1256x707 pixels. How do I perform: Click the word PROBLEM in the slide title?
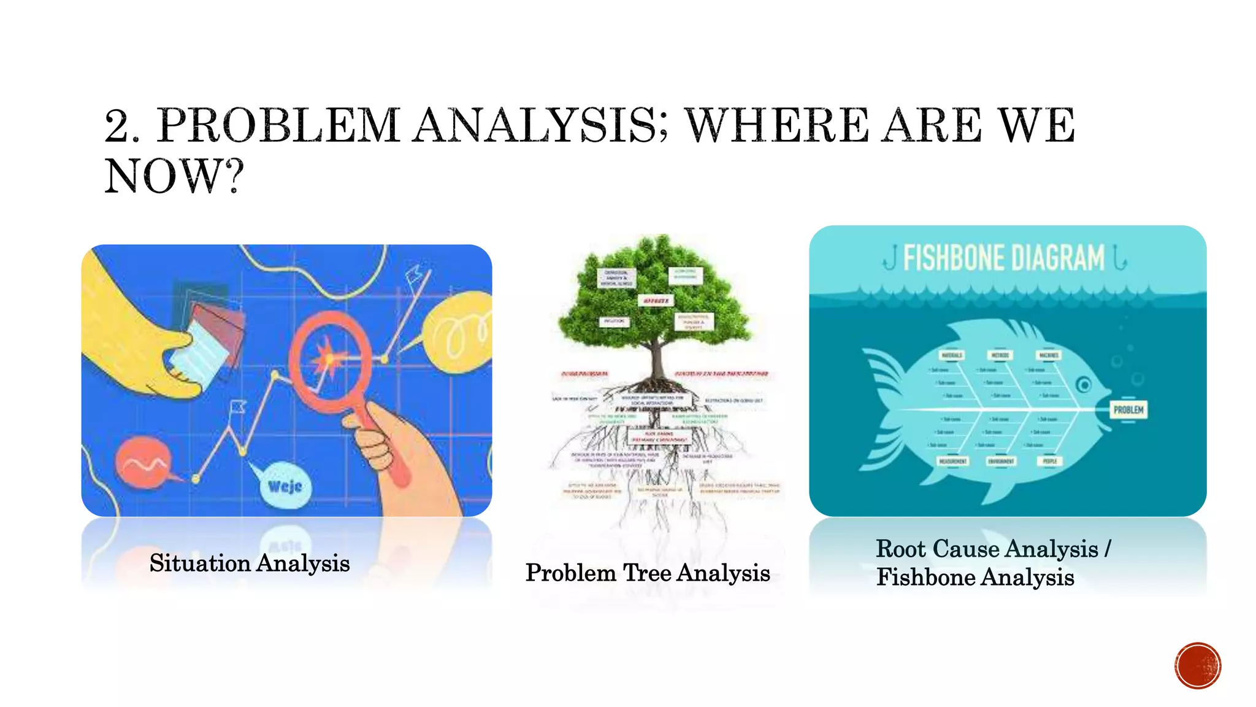click(x=279, y=125)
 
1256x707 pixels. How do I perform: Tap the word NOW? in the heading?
click(x=175, y=177)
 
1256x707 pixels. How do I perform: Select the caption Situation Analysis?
click(x=249, y=563)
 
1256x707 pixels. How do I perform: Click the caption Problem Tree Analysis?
click(x=648, y=573)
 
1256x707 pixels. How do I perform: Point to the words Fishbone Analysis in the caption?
click(x=975, y=578)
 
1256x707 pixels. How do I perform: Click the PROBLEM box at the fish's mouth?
click(x=1128, y=409)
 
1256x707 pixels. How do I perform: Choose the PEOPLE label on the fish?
click(x=1050, y=461)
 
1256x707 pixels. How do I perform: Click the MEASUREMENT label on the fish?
click(x=953, y=461)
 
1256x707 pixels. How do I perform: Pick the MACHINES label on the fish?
click(x=1049, y=355)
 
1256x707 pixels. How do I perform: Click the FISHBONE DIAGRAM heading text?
click(x=1003, y=258)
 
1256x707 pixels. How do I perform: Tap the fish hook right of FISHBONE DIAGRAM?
click(x=1119, y=258)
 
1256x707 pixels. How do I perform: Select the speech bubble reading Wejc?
click(x=285, y=485)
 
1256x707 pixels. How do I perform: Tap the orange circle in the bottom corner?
click(x=1198, y=666)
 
